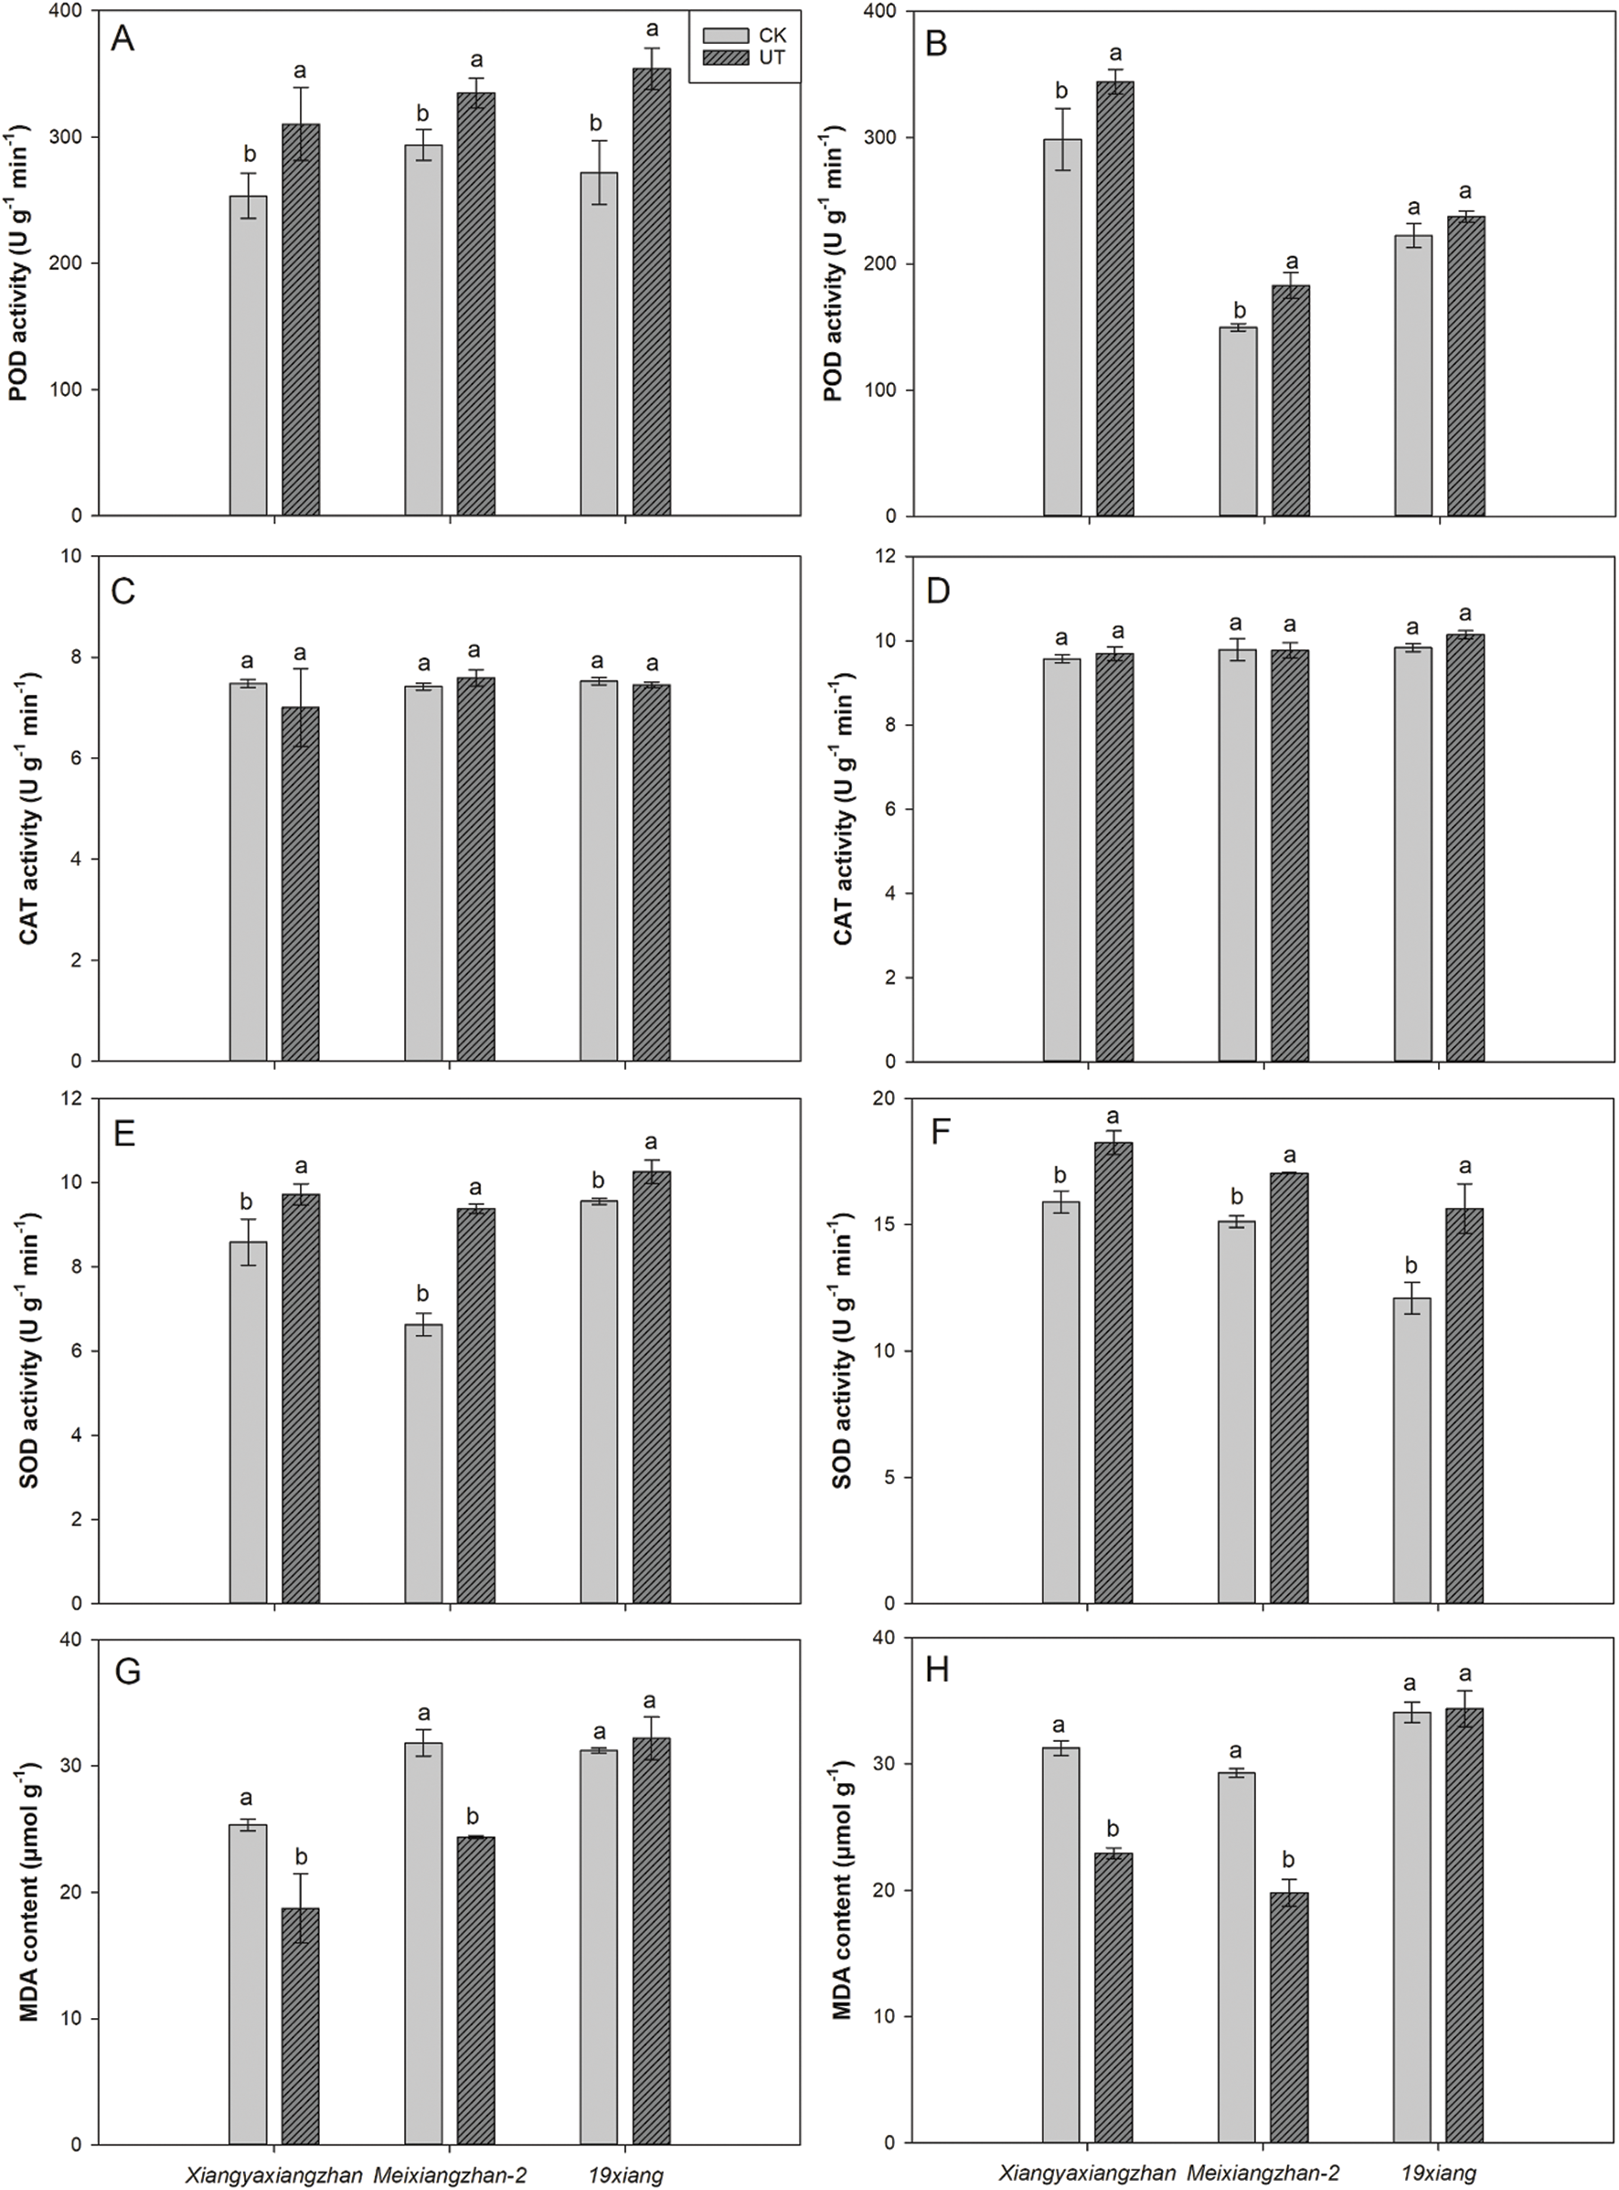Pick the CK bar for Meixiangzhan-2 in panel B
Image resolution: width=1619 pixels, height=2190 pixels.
point(1238,422)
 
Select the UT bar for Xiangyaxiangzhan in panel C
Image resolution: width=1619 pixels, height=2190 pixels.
point(301,883)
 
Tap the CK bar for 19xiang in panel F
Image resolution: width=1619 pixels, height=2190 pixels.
point(1412,1451)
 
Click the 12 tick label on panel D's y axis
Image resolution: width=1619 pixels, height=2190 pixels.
point(888,557)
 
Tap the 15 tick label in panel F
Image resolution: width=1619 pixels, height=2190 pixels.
point(888,1224)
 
